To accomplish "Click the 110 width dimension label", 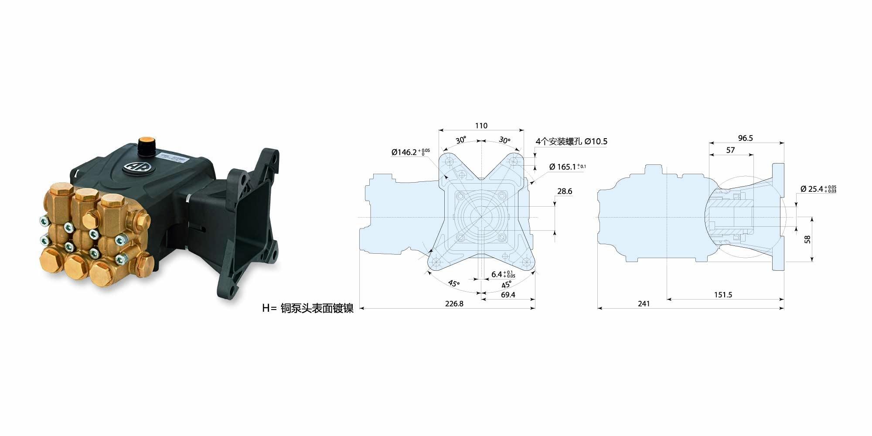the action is pyautogui.click(x=481, y=126).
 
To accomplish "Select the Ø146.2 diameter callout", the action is pyautogui.click(x=410, y=152).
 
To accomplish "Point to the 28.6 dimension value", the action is pyautogui.click(x=565, y=191).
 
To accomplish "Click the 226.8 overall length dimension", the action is pyautogui.click(x=454, y=303).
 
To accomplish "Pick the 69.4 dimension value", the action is pyautogui.click(x=508, y=295).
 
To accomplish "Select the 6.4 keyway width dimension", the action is pyautogui.click(x=503, y=274).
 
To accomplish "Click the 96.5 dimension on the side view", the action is pyautogui.click(x=746, y=138).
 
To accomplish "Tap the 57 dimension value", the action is pyautogui.click(x=731, y=150).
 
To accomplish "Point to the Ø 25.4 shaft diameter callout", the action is pyautogui.click(x=818, y=189).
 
